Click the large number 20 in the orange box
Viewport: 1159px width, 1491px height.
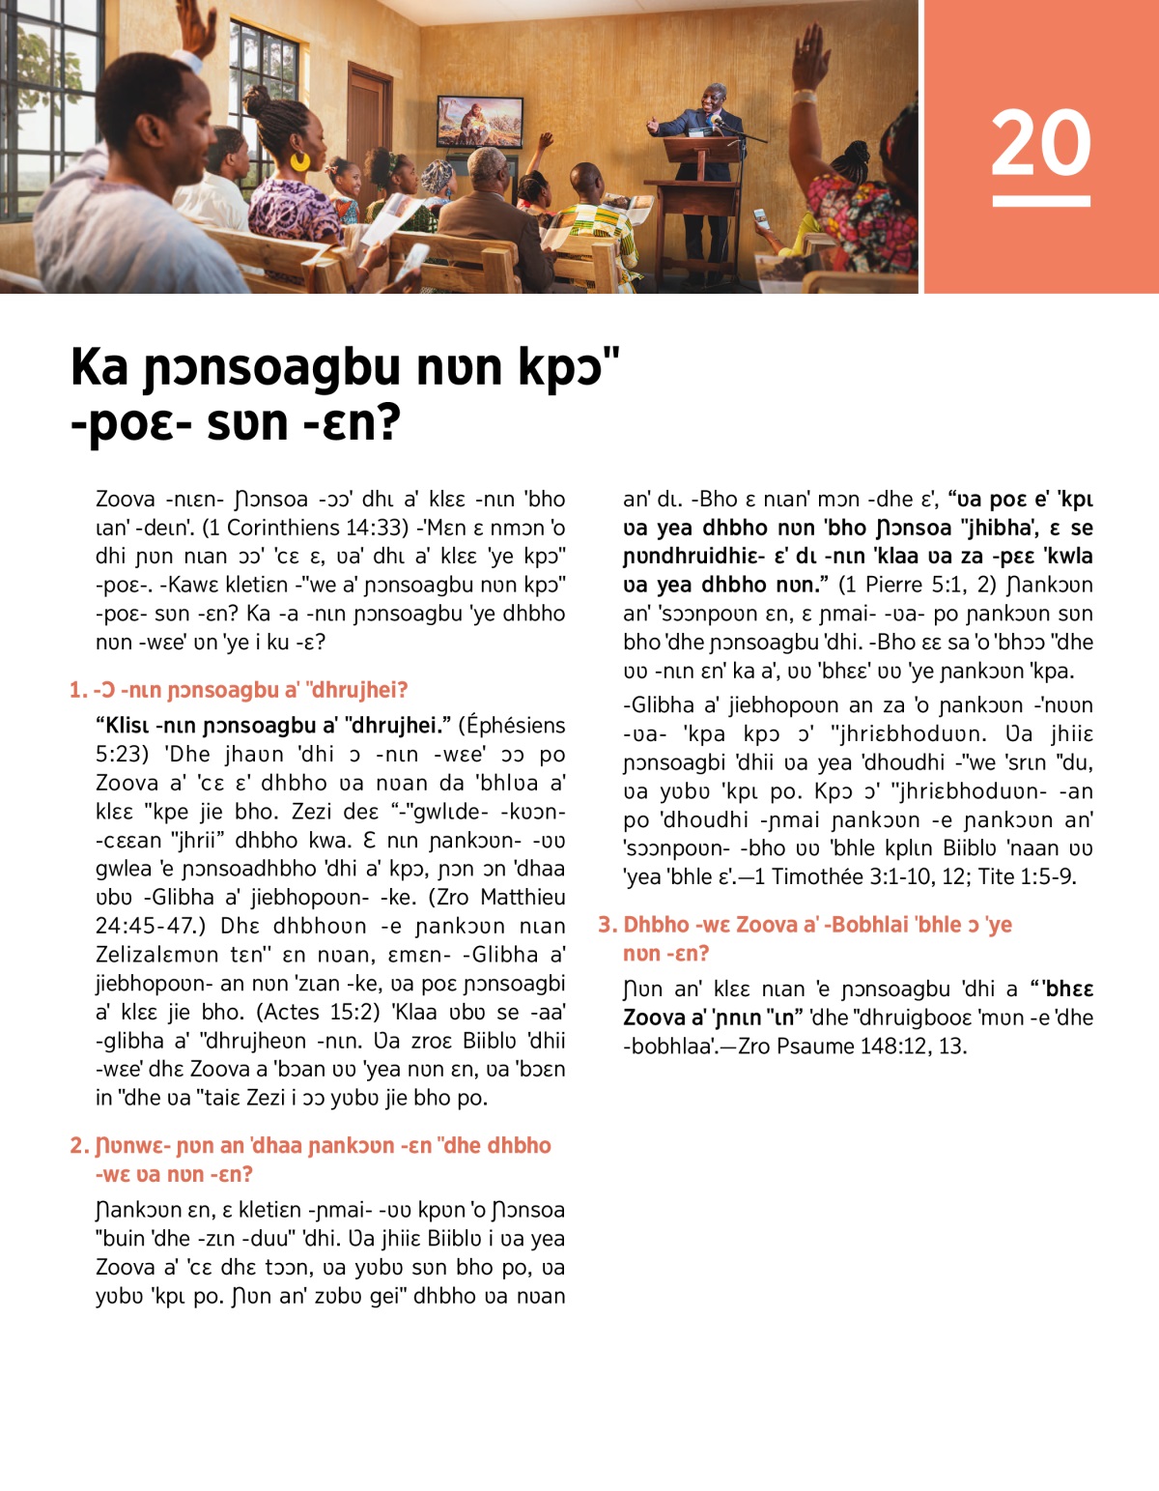pos(1040,143)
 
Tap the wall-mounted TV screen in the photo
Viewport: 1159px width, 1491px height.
pos(480,122)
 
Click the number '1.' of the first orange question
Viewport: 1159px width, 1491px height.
pos(78,690)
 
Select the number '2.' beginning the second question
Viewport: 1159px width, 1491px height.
pos(79,1145)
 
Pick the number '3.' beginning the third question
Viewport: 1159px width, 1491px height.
pos(608,925)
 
